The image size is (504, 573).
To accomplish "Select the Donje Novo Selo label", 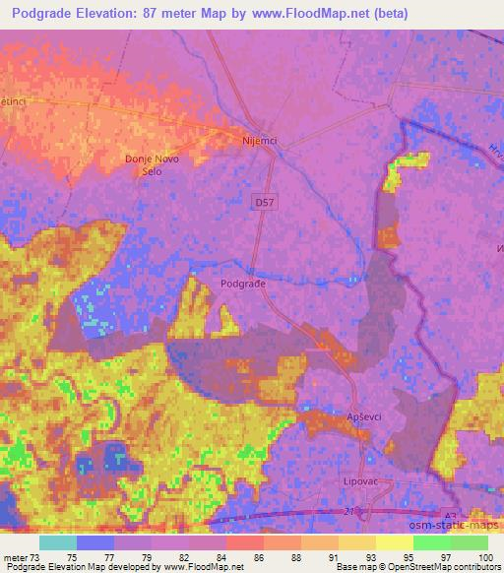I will point(149,164).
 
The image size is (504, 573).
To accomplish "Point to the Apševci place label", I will point(364,417).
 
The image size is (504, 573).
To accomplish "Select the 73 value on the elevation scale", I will point(34,556).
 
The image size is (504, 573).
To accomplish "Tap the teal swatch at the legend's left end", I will point(57,542).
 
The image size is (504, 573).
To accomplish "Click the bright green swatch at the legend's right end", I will point(469,542).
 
